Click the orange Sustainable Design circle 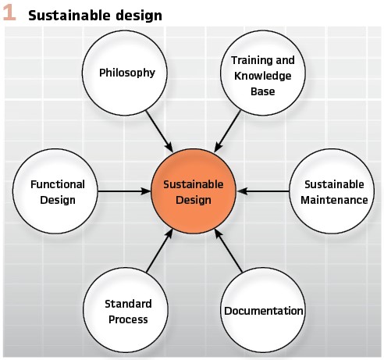(x=194, y=191)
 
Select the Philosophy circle (x=125, y=73)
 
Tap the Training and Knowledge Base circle (x=263, y=73)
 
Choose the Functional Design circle (x=55, y=191)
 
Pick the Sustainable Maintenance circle (x=332, y=191)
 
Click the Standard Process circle (x=126, y=310)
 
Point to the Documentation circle (x=263, y=310)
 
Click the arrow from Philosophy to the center (x=159, y=131)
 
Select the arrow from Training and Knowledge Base (x=227, y=131)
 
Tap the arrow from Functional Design (x=124, y=191)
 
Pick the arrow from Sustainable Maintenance (x=263, y=191)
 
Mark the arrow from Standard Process (x=159, y=251)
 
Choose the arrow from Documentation (x=229, y=251)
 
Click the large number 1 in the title (x=9, y=13)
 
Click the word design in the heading (x=139, y=16)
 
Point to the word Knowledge (x=263, y=76)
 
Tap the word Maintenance (x=334, y=200)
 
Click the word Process (x=128, y=319)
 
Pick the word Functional (x=58, y=184)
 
